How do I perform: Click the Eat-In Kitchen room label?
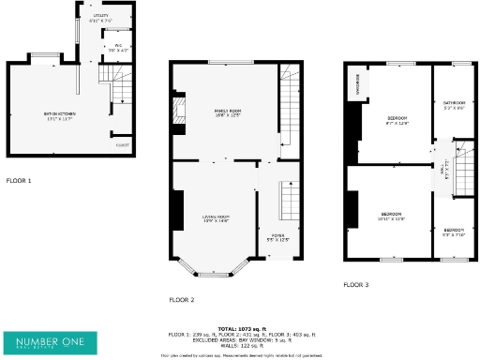coord(58,116)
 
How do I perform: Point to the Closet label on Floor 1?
coord(122,145)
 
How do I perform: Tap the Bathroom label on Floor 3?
coord(455,104)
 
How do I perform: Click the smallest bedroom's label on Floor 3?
coord(454,232)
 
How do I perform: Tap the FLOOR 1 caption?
coord(19,180)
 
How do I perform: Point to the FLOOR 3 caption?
coord(355,284)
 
